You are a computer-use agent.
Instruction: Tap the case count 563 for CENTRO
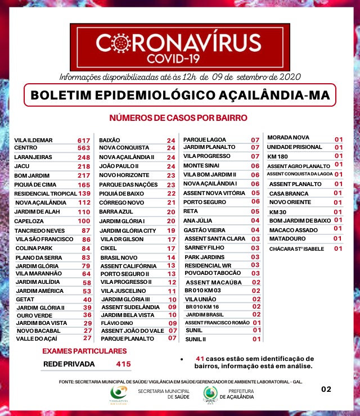(84, 148)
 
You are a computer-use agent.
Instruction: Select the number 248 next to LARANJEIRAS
(84, 157)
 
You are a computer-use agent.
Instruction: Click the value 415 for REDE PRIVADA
(123, 364)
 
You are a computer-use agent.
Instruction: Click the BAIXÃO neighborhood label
(110, 140)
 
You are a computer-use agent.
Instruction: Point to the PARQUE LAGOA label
(201, 139)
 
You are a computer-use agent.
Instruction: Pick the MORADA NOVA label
(288, 138)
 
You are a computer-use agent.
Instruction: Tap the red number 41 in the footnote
(200, 359)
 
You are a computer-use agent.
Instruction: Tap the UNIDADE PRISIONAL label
(294, 147)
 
